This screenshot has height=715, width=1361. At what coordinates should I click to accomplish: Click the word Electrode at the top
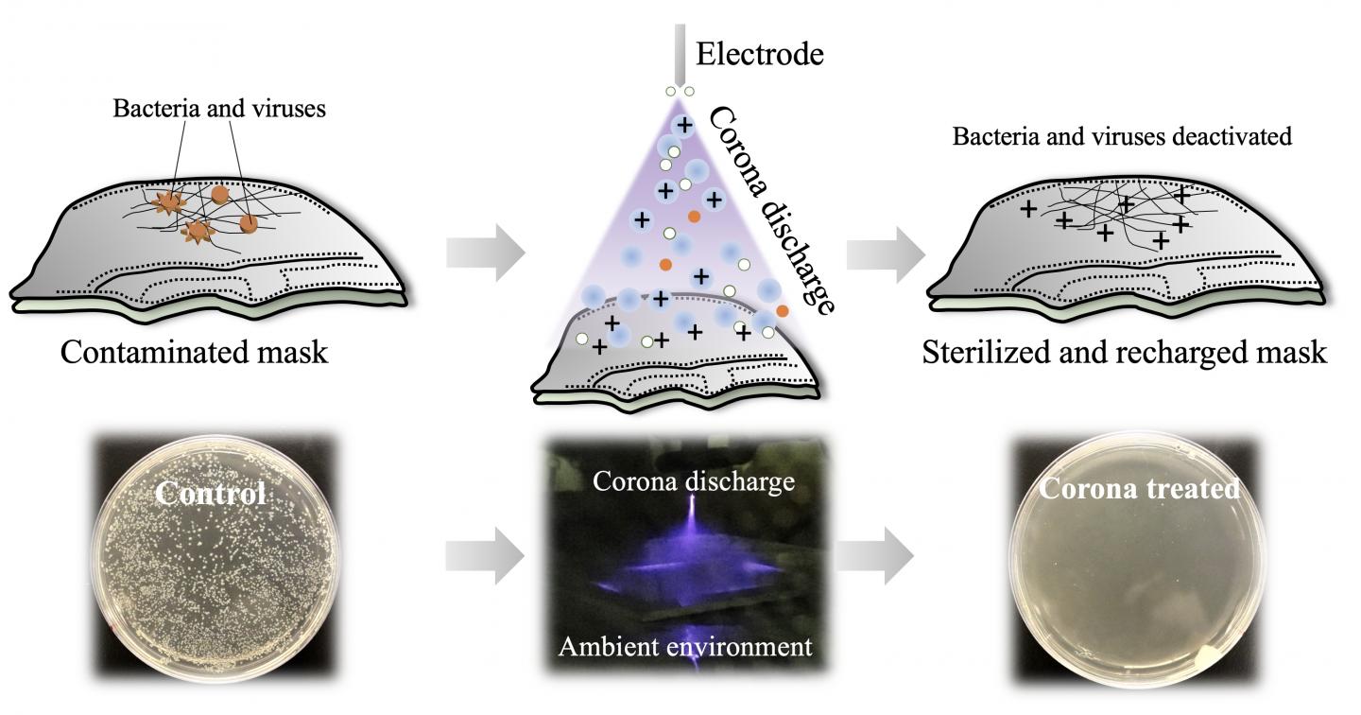pos(760,54)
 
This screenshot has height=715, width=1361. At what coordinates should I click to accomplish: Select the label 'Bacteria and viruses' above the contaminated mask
pos(219,109)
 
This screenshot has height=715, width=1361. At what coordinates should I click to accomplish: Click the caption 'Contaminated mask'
pos(194,353)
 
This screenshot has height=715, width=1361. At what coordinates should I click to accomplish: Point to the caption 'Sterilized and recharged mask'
pos(1125,353)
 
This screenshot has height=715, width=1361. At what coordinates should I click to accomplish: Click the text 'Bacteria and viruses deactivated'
pos(1122,136)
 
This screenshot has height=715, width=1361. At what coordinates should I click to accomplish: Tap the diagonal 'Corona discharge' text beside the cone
pos(770,208)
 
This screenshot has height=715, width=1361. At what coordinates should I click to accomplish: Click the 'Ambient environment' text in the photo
pos(685,647)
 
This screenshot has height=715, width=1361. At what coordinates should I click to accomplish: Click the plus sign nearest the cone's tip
pos(683,126)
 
